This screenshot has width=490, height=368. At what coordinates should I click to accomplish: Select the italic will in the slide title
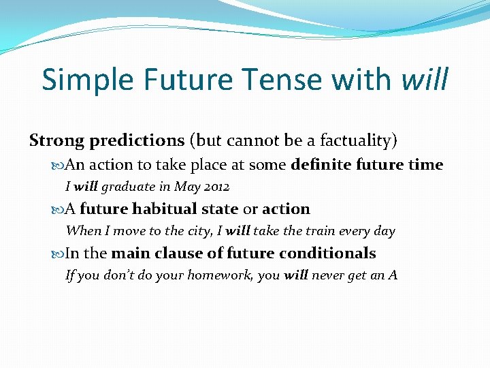(x=425, y=80)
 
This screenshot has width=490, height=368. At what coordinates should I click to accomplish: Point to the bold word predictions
(x=137, y=140)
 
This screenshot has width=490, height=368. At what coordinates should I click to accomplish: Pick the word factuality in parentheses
(x=358, y=140)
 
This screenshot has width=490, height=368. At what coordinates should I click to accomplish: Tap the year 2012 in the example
(x=215, y=187)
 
